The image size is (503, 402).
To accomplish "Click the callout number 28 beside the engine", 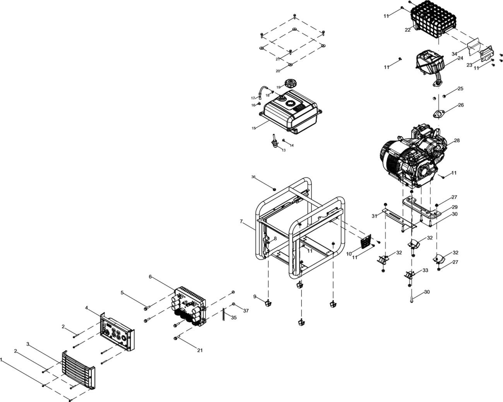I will point(457,141).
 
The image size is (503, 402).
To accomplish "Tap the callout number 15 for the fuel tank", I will point(253,128).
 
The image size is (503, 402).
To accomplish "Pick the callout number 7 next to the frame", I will point(241,221).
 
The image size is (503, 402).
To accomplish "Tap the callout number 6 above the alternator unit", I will point(151,277).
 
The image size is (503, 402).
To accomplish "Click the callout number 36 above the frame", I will point(253,177).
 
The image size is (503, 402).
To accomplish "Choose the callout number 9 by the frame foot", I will point(255,296).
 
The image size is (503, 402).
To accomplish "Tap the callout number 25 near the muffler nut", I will point(460,89).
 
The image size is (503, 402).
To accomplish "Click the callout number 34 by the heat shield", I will point(454,53).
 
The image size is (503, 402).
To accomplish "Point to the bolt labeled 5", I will point(146,308).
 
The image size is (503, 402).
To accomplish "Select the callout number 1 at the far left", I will point(2,359).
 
